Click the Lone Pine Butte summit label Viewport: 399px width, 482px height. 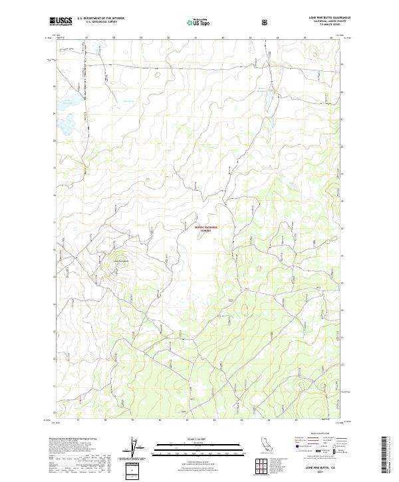pyautogui.click(x=120, y=260)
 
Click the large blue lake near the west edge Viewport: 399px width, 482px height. pyautogui.click(x=66, y=123)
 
